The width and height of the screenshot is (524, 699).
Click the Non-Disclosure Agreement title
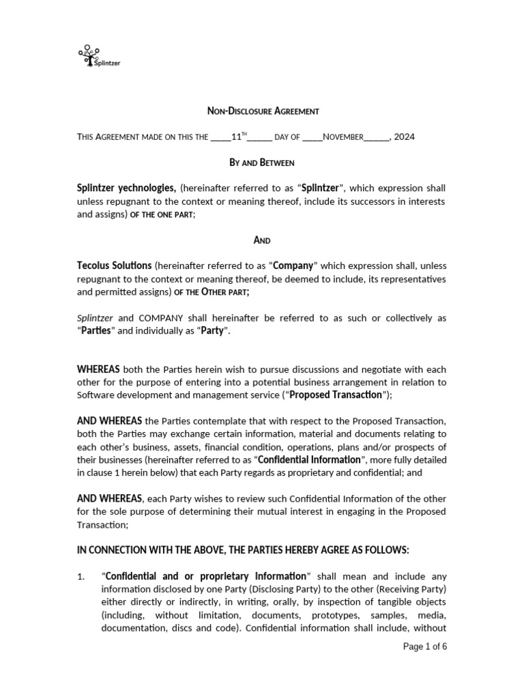(263, 111)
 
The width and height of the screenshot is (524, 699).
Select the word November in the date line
(343, 137)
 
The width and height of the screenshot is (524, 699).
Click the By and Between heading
(262, 162)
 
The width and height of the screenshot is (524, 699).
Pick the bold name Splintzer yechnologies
(127, 188)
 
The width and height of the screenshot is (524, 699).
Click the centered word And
(262, 240)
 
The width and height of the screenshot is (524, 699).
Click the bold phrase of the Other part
(212, 292)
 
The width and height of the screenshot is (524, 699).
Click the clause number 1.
(81, 577)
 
